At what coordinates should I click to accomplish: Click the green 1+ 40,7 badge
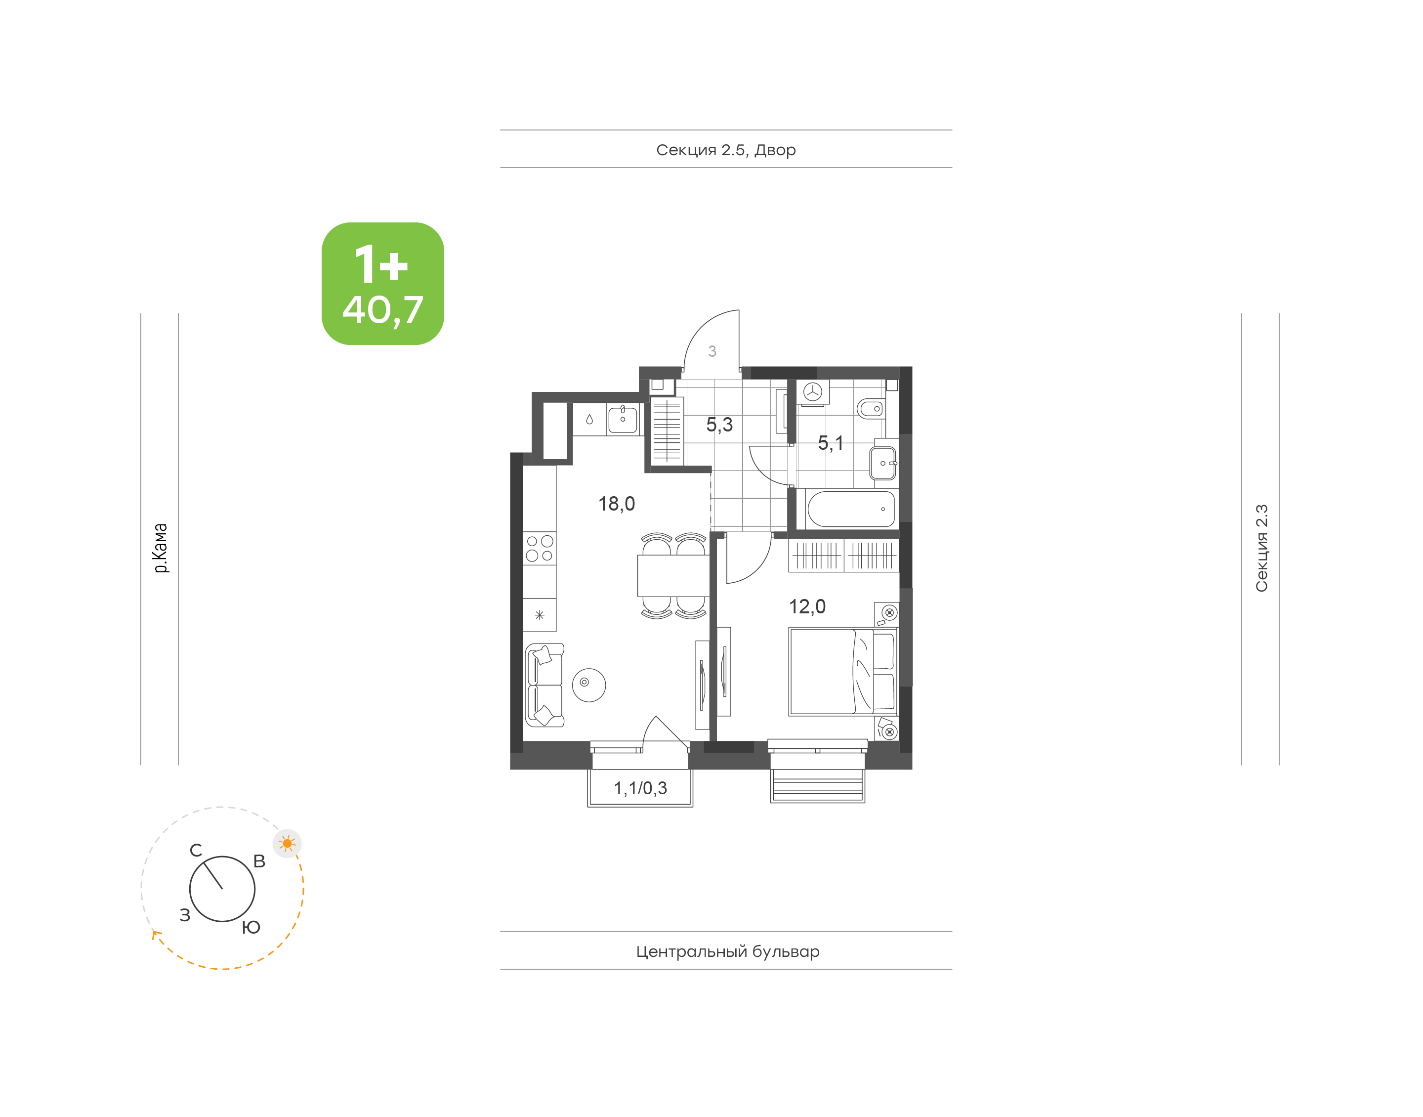(382, 283)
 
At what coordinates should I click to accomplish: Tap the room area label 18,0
(617, 504)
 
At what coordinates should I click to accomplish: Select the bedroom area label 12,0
(807, 606)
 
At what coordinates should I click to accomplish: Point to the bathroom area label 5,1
(830, 443)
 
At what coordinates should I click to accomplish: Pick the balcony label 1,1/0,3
(640, 788)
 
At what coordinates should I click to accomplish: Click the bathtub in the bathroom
(850, 509)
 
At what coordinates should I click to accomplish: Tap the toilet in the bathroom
(871, 409)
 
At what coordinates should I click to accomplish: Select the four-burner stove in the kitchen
(539, 549)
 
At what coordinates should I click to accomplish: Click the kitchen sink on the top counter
(622, 419)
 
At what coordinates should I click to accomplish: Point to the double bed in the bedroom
(843, 672)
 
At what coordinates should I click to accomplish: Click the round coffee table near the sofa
(589, 685)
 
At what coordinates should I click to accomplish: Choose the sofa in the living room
(544, 685)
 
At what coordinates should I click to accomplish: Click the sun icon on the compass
(287, 843)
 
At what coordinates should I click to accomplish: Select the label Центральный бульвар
(727, 951)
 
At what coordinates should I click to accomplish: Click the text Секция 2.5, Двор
(725, 150)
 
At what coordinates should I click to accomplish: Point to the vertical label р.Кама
(160, 548)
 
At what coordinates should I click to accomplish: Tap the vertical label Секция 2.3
(1261, 548)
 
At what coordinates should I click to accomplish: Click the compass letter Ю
(251, 927)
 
